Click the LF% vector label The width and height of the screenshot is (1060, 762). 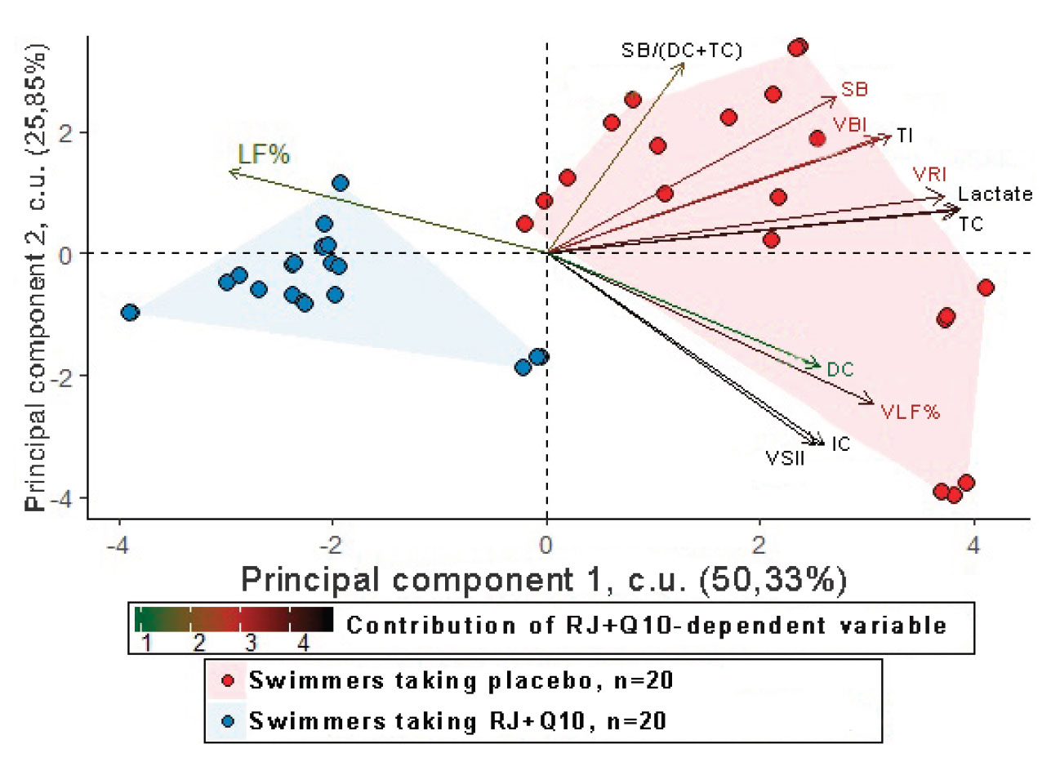click(x=264, y=154)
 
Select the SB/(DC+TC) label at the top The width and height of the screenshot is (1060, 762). click(x=682, y=51)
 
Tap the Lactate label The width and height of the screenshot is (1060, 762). click(x=995, y=194)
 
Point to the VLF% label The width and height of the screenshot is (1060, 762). click(x=911, y=412)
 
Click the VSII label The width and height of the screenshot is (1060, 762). click(x=785, y=458)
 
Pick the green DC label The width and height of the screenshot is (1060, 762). click(x=840, y=370)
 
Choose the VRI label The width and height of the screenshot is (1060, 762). click(x=929, y=175)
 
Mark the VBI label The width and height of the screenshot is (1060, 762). click(x=850, y=125)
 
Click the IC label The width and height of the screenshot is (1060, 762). click(x=841, y=444)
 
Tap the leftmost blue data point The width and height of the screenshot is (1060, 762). click(x=130, y=312)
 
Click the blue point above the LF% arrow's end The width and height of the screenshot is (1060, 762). click(x=341, y=183)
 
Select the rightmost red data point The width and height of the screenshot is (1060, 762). click(x=986, y=287)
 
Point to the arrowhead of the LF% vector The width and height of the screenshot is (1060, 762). click(x=231, y=172)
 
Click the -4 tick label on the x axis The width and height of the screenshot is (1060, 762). click(x=119, y=544)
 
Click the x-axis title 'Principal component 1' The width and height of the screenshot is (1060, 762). click(x=543, y=579)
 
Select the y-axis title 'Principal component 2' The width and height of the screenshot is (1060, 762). click(x=35, y=278)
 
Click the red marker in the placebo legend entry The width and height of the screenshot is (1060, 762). click(x=228, y=680)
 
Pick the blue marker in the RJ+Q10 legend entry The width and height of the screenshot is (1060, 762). click(x=228, y=721)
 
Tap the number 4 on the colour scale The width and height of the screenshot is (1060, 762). click(x=303, y=643)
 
